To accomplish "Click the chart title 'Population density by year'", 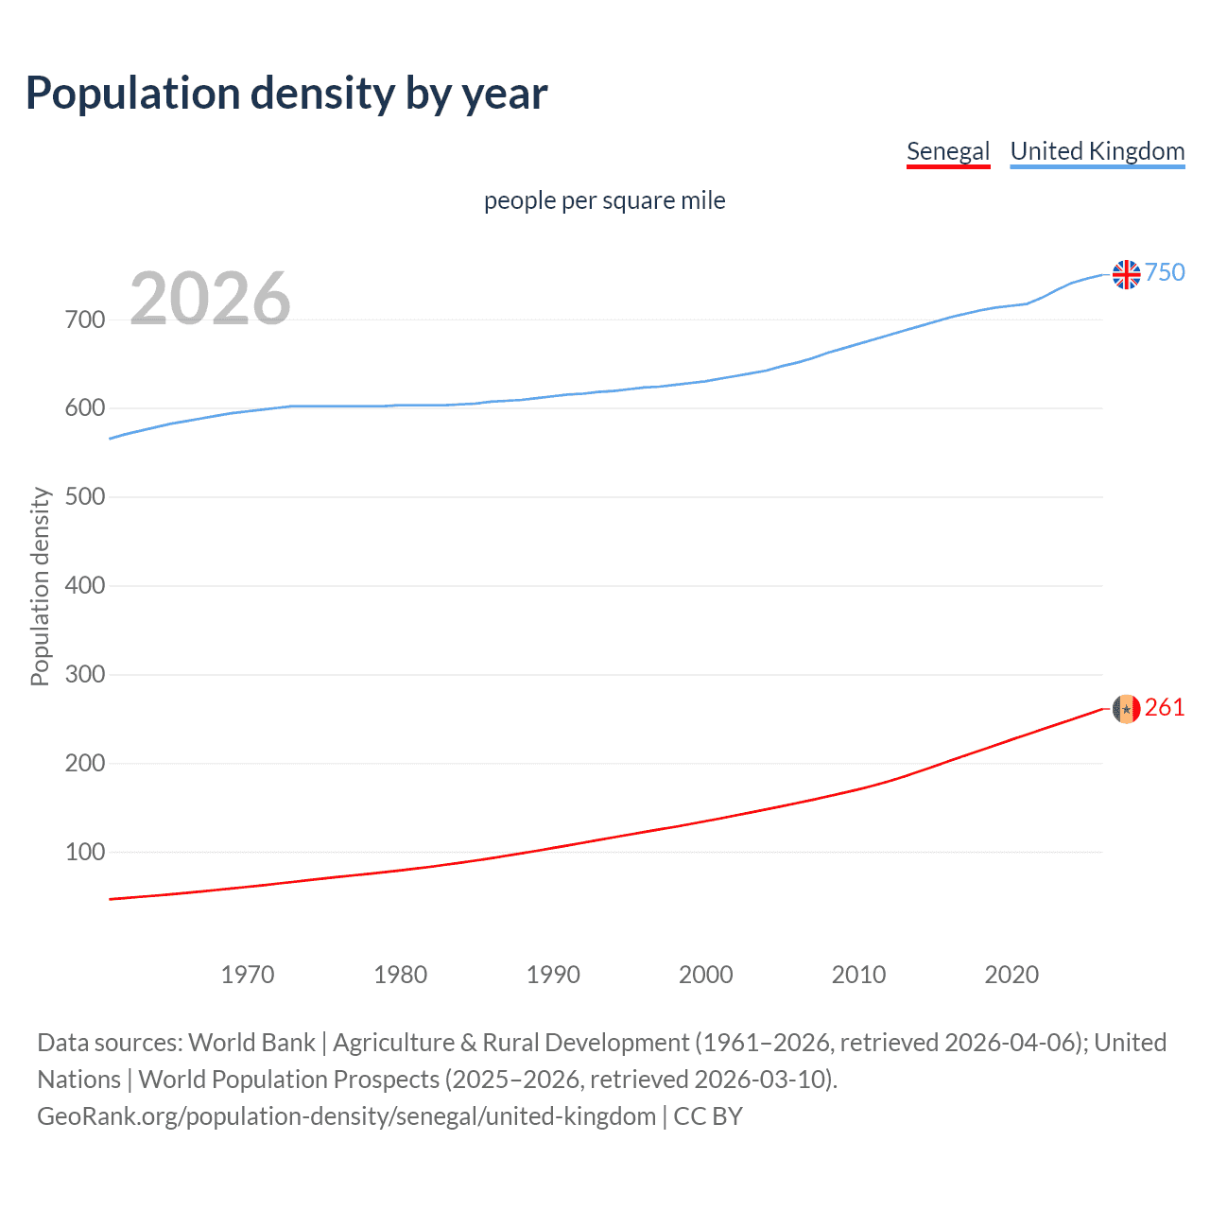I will pyautogui.click(x=286, y=94).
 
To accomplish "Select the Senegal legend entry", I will pyautogui.click(x=947, y=151).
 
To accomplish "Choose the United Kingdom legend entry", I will pyautogui.click(x=1097, y=151).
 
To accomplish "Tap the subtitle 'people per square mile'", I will pyautogui.click(x=604, y=200).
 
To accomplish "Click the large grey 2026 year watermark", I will pyautogui.click(x=210, y=299).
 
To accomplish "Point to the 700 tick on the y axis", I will pyautogui.click(x=85, y=320).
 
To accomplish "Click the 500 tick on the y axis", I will pyautogui.click(x=85, y=497).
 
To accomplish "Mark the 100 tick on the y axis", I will pyautogui.click(x=85, y=852).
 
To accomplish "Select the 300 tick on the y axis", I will pyautogui.click(x=85, y=675).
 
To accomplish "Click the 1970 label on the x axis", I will pyautogui.click(x=248, y=975).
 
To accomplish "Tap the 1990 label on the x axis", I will pyautogui.click(x=553, y=975).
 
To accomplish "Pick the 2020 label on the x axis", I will pyautogui.click(x=1011, y=975).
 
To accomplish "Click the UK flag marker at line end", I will pyautogui.click(x=1126, y=274).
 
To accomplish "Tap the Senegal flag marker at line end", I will pyautogui.click(x=1126, y=708).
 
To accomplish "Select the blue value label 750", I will pyautogui.click(x=1165, y=272).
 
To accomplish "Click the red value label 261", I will pyautogui.click(x=1165, y=708).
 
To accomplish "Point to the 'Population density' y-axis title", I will pyautogui.click(x=40, y=586).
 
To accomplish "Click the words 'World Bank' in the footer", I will pyautogui.click(x=251, y=1043).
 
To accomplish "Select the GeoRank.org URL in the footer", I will pyautogui.click(x=346, y=1116).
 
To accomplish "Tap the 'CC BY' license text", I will pyautogui.click(x=708, y=1116).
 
